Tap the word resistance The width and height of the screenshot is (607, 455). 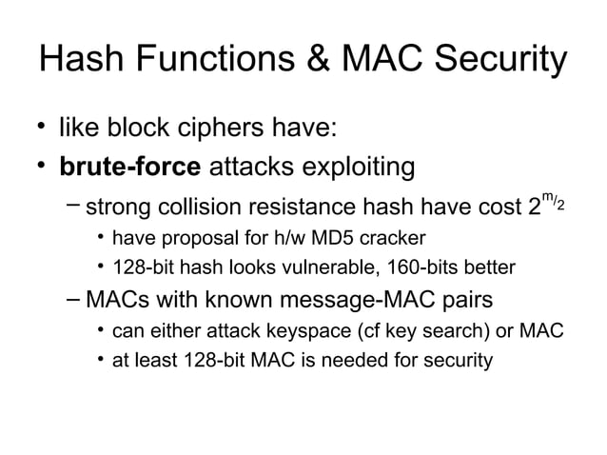point(298,209)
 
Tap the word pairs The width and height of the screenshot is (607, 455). point(461,301)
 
